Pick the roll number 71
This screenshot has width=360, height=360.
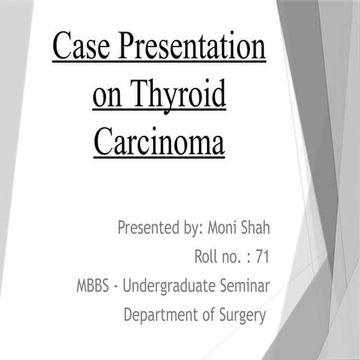(262, 257)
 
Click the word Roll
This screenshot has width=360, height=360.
(206, 257)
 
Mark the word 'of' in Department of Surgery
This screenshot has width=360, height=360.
(203, 316)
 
